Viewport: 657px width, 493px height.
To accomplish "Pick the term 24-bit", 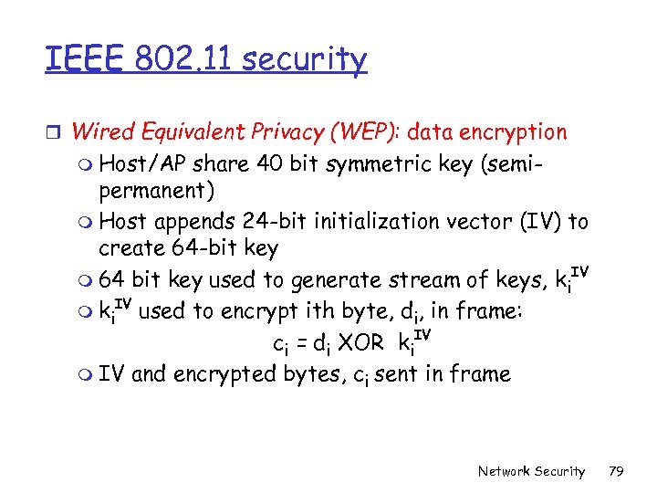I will click(276, 221).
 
